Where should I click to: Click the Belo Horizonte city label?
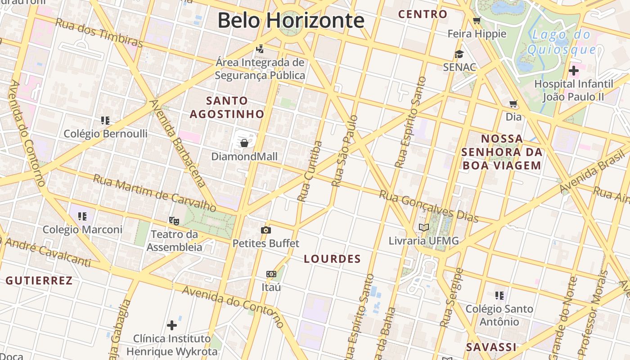tap(291, 20)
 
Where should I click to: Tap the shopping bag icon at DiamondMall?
tap(244, 143)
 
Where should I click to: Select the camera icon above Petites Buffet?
tap(266, 230)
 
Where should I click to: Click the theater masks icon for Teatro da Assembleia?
tap(174, 220)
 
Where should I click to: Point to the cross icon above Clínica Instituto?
tap(171, 325)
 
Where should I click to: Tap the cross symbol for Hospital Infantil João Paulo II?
tap(574, 71)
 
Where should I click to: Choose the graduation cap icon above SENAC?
tap(459, 54)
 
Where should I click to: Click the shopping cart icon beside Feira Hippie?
tap(477, 20)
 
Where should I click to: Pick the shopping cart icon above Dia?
tap(513, 104)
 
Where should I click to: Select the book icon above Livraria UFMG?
tap(423, 227)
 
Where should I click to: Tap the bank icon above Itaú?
tap(271, 274)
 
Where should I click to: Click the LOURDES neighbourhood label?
tap(332, 259)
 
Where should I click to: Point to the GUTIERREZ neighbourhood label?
tap(39, 281)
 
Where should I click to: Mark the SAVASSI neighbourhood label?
tap(491, 347)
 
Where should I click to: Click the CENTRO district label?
tap(423, 14)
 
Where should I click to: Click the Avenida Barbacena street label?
tap(179, 143)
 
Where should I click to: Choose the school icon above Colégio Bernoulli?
tap(105, 121)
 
